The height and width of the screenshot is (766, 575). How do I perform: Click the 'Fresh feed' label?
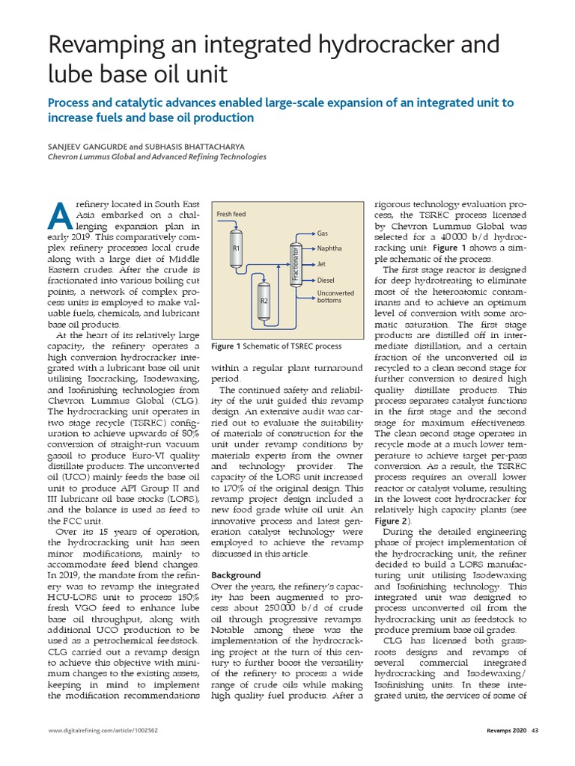pyautogui.click(x=231, y=215)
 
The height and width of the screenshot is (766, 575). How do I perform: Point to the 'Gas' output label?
pyautogui.click(x=323, y=233)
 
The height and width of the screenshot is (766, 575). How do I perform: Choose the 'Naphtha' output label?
pyautogui.click(x=329, y=248)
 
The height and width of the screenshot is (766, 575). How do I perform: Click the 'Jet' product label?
pyautogui.click(x=321, y=263)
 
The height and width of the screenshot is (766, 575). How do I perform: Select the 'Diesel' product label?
pyautogui.click(x=326, y=280)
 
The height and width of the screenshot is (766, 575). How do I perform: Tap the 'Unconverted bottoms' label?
pyautogui.click(x=335, y=297)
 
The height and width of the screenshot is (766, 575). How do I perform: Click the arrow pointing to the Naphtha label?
pyautogui.click(x=307, y=248)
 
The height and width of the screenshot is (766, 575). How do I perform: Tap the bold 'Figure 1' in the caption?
pyautogui.click(x=227, y=346)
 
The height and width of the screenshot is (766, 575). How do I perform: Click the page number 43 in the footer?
pyautogui.click(x=535, y=731)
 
